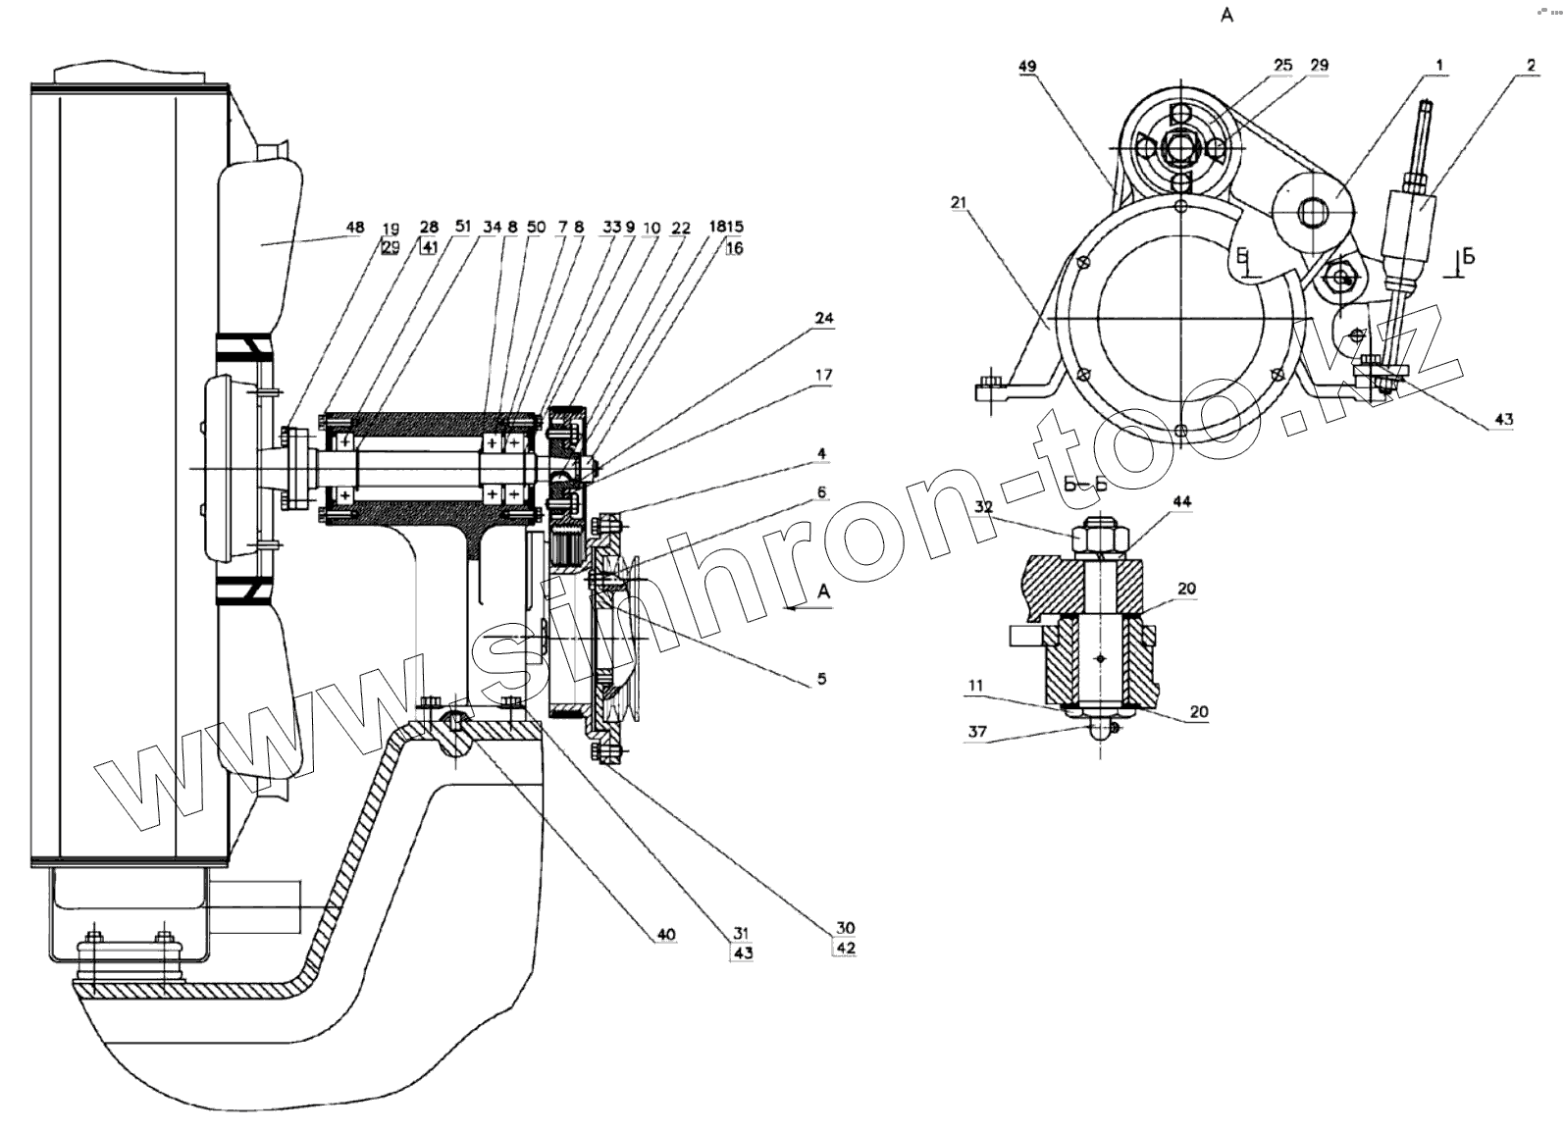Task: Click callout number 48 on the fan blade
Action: pyautogui.click(x=355, y=228)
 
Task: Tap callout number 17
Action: pyautogui.click(x=822, y=375)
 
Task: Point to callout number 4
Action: pyautogui.click(x=822, y=454)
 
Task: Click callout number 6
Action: pyautogui.click(x=822, y=491)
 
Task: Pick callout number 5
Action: pyautogui.click(x=822, y=678)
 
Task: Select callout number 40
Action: pyautogui.click(x=666, y=935)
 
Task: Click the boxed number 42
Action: pyautogui.click(x=845, y=949)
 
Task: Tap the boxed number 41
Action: pyautogui.click(x=429, y=247)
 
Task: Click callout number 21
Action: pyautogui.click(x=959, y=202)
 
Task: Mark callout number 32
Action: pyautogui.click(x=984, y=507)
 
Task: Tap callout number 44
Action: pyautogui.click(x=1181, y=502)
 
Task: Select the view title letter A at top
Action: pyautogui.click(x=1226, y=16)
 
